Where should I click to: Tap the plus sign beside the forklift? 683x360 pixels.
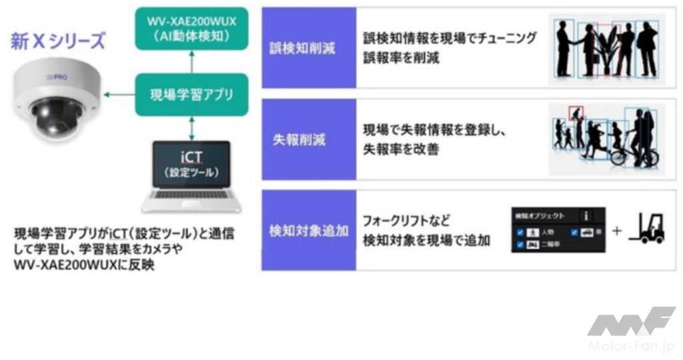[616, 231]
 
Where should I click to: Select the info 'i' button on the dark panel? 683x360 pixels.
[586, 215]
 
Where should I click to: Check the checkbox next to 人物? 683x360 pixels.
[520, 233]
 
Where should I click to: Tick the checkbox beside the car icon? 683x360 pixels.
[574, 233]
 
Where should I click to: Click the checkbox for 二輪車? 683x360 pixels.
[520, 245]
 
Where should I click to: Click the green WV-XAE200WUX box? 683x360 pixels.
[190, 28]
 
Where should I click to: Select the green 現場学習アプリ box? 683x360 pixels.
[190, 95]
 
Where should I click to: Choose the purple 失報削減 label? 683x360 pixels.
[308, 139]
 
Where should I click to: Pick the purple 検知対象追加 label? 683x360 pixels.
[308, 231]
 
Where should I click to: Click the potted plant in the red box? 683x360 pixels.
[606, 53]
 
